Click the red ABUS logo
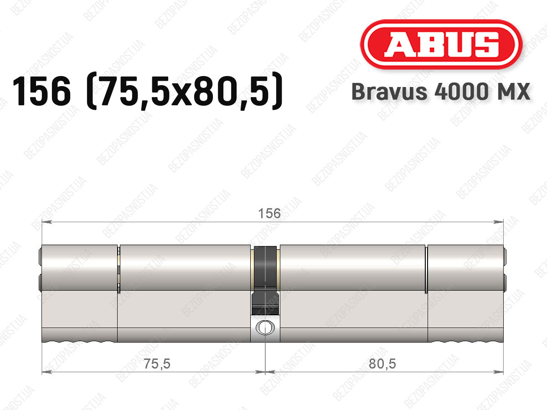click(x=441, y=44)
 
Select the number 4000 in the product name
click(x=461, y=92)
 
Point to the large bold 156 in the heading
click(x=41, y=92)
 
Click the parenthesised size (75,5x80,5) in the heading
click(x=185, y=91)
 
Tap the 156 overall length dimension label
click(x=269, y=214)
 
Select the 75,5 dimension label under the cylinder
click(x=157, y=364)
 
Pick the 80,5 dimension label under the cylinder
click(x=382, y=364)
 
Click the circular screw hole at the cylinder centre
click(x=265, y=328)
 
